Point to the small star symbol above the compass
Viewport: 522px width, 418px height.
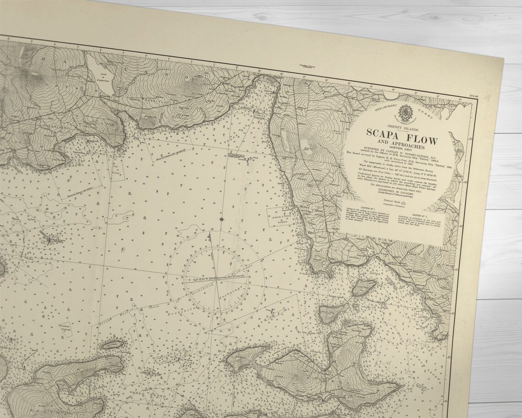[x=222, y=220]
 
